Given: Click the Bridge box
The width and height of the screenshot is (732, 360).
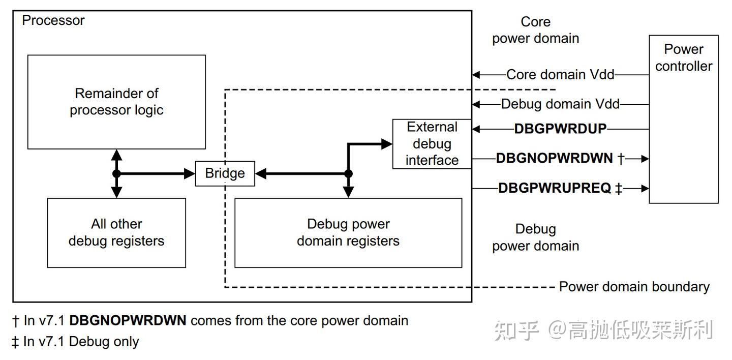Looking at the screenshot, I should pos(225,173).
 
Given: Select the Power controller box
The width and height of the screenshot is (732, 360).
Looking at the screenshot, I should pos(683,119).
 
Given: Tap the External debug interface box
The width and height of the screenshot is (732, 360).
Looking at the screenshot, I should pos(432,144).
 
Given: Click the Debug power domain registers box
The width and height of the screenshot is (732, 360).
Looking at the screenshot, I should pos(348,232).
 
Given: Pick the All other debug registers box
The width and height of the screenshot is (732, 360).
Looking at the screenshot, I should pos(116,232).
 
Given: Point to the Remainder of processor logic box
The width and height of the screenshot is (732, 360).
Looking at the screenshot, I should pos(116,102).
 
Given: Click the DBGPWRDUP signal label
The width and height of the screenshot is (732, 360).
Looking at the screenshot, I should pos(560,129).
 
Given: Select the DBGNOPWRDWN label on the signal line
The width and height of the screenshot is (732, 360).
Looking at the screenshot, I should pos(554,158).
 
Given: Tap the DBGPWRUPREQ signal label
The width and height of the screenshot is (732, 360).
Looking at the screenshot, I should pos(554,188).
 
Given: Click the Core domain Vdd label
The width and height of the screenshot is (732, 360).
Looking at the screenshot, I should pos(560,75).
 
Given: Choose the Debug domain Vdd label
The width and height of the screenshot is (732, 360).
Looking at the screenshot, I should pos(560,104).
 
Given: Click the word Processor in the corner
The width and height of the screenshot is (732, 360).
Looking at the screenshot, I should pos(53,21).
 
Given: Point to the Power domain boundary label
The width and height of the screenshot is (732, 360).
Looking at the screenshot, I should pos(634,287).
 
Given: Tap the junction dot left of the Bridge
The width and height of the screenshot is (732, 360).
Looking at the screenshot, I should pos(116,173).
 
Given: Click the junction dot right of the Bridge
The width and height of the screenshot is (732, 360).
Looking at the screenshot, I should pos(348,173).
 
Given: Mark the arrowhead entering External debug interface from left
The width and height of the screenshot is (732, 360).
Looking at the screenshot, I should pos(387,144).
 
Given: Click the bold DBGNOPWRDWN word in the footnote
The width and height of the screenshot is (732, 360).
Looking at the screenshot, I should pos(128,321).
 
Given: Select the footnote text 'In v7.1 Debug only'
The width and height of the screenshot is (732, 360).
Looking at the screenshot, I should pos(81,342).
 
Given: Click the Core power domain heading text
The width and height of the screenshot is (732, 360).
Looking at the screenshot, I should pos(535,30).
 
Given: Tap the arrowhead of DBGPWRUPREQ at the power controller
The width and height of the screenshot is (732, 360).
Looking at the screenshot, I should pos(645,188).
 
